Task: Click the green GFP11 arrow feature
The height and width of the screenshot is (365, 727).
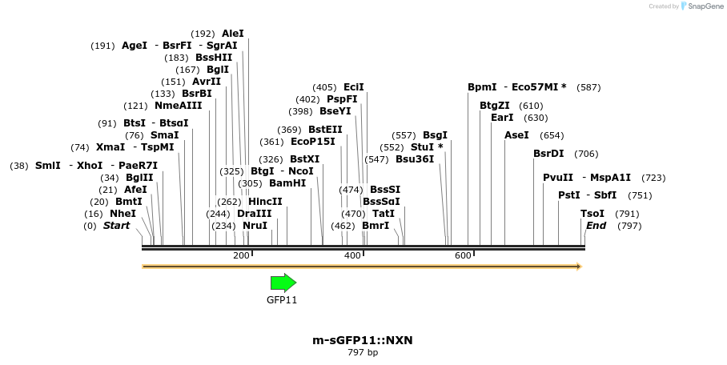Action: tap(283, 283)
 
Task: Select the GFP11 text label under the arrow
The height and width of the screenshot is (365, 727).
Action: tap(282, 300)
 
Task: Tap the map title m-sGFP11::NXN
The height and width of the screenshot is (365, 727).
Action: tap(363, 340)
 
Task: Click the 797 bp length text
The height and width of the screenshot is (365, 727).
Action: tap(363, 352)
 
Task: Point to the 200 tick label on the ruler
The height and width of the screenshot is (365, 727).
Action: tap(241, 255)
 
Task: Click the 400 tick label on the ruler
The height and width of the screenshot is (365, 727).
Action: tap(352, 255)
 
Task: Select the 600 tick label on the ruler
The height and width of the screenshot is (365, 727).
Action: tap(463, 255)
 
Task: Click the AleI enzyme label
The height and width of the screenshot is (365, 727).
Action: tap(233, 34)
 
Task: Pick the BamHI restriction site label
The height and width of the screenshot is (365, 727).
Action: tap(287, 183)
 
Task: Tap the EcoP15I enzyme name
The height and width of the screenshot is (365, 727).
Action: tap(313, 142)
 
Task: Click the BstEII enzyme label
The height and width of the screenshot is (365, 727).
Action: tap(325, 130)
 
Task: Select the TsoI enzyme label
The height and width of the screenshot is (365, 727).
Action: tap(592, 214)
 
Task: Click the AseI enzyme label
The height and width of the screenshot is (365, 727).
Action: tap(516, 135)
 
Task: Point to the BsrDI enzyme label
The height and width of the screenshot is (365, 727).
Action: tap(548, 154)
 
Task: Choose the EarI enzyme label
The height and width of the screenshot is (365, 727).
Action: tap(502, 118)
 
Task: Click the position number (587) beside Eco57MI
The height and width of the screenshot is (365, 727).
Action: tap(588, 87)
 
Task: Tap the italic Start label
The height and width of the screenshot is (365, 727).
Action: tap(116, 226)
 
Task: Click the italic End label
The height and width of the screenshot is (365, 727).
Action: tap(596, 226)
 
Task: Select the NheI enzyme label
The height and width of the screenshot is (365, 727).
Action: tap(123, 214)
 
